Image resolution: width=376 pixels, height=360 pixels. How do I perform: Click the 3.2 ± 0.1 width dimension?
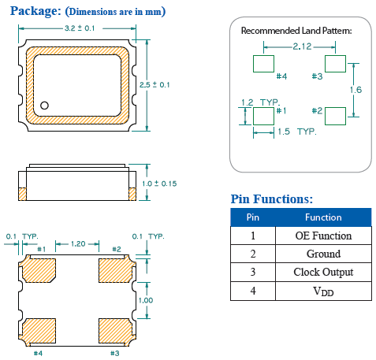click(x=80, y=28)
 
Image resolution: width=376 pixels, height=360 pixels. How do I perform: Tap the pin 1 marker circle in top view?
click(x=46, y=105)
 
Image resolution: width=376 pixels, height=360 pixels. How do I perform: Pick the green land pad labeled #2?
click(x=335, y=115)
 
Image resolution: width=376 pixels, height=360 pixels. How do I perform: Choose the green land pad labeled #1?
click(x=262, y=115)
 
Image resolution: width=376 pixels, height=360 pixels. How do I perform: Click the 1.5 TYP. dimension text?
click(x=296, y=132)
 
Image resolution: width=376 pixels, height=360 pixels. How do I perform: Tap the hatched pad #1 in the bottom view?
click(x=37, y=269)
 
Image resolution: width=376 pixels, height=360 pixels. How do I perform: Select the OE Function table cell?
click(x=323, y=236)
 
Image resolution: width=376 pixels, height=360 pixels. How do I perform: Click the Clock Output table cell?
click(x=323, y=273)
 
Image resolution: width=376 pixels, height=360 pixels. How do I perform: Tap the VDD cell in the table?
click(x=323, y=291)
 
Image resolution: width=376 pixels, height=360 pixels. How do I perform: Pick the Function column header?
click(x=323, y=217)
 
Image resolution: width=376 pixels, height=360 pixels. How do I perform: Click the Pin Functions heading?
click(x=271, y=199)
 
